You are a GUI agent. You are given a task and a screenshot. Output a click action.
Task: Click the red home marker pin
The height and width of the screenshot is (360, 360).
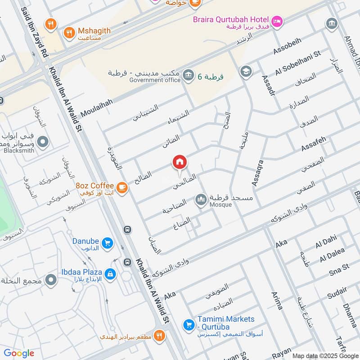click(179, 162)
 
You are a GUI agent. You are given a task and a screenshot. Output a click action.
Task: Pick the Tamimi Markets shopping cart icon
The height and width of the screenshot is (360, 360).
click(188, 324)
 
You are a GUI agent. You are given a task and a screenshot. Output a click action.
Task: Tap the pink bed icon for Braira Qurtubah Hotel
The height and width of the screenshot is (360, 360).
click(277, 20)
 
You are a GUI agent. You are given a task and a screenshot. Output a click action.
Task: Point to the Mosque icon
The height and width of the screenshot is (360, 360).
click(201, 199)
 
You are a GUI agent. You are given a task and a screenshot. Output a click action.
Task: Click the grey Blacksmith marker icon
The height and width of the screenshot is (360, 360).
click(43, 143)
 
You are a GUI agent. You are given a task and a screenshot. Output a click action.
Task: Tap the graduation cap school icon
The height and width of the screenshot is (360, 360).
click(245, 71)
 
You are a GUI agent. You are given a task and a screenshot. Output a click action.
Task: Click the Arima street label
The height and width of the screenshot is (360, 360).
click(277, 301)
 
